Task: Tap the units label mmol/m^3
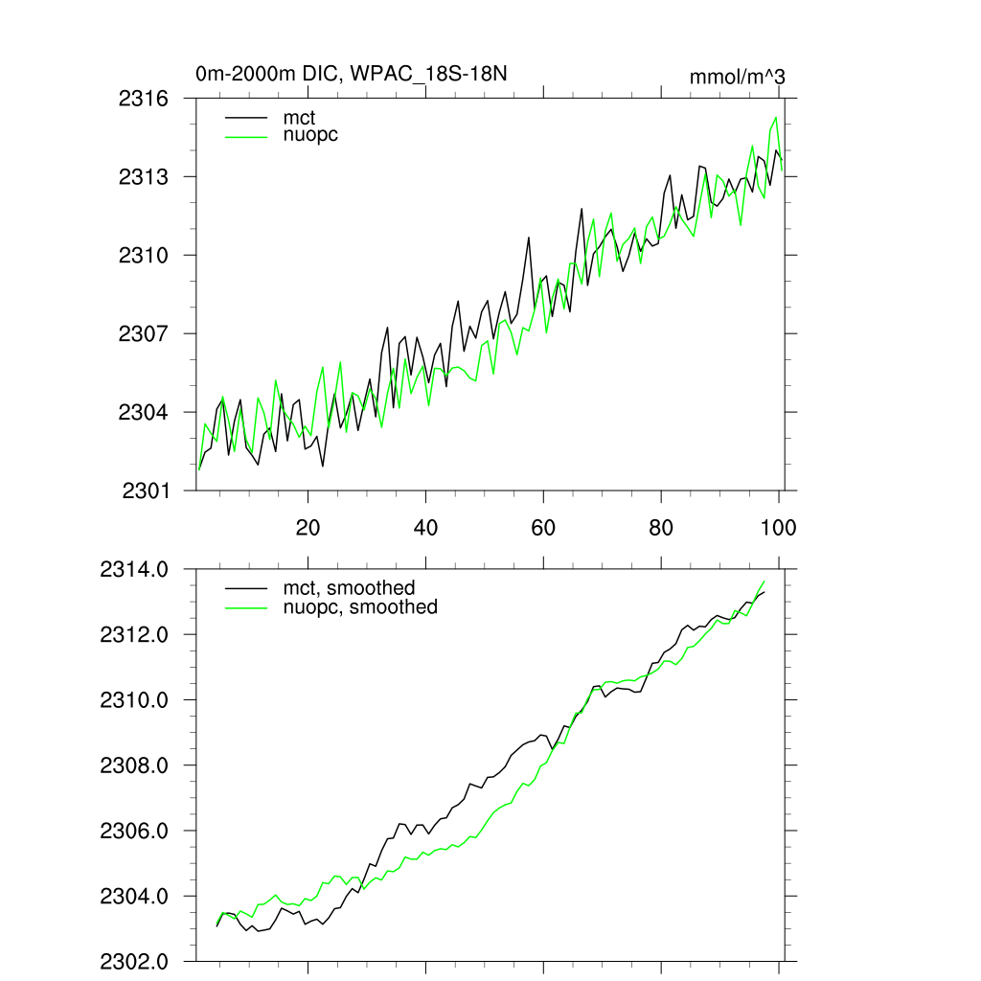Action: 738,77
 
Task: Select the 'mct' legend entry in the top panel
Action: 298,117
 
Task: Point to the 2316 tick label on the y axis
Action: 145,99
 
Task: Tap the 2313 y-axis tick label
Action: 145,177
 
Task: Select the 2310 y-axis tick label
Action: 145,256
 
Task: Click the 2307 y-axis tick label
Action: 145,334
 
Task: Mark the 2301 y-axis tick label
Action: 145,490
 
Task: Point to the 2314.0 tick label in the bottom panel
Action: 135,570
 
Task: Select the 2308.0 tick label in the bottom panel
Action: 135,765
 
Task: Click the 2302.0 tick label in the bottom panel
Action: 135,961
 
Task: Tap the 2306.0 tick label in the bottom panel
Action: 135,831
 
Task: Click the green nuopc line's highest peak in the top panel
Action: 775,118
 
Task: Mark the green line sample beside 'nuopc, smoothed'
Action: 245,607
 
